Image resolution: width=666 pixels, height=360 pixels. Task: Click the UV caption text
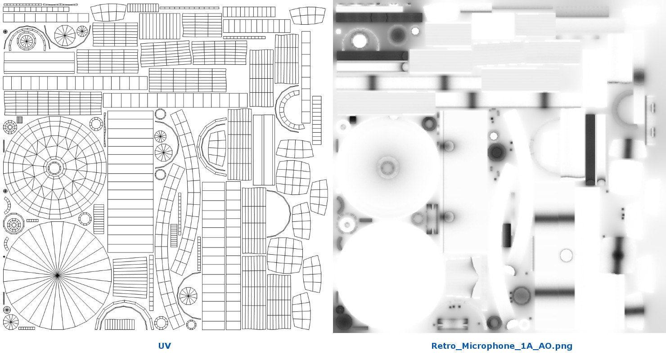point(164,346)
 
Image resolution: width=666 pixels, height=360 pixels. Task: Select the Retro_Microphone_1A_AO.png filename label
point(502,346)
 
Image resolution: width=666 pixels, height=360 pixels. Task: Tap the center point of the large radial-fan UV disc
point(58,275)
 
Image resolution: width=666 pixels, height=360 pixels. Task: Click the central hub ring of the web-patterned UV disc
point(54,168)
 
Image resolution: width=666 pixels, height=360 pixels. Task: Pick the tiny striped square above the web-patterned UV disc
point(20,120)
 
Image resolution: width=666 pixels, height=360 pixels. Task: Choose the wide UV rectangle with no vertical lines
point(39,63)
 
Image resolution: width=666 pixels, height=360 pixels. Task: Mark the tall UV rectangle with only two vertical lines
point(264,150)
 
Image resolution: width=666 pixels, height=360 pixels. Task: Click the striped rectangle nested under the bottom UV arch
point(120,324)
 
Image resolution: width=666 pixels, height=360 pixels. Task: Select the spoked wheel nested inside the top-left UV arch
point(26,41)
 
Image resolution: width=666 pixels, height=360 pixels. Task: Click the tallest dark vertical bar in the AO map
point(590,149)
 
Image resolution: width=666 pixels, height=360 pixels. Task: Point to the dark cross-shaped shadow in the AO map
point(618,255)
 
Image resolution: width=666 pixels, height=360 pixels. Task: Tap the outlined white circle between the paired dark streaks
point(566,256)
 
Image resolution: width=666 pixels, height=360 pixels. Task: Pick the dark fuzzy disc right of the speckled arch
point(397,35)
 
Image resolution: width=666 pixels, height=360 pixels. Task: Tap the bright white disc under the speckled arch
point(359,41)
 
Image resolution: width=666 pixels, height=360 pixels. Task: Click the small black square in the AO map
point(353,120)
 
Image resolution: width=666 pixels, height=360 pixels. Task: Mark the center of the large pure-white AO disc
point(390,275)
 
